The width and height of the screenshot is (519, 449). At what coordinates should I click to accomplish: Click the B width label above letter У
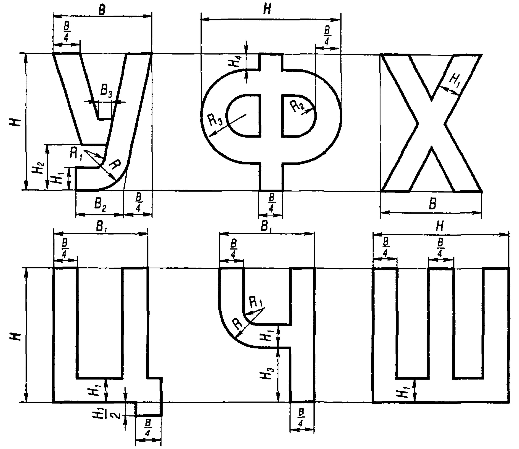102,10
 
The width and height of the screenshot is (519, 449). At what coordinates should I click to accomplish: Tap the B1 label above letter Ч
266,227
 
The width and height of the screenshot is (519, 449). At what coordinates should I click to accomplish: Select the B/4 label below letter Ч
302,420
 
